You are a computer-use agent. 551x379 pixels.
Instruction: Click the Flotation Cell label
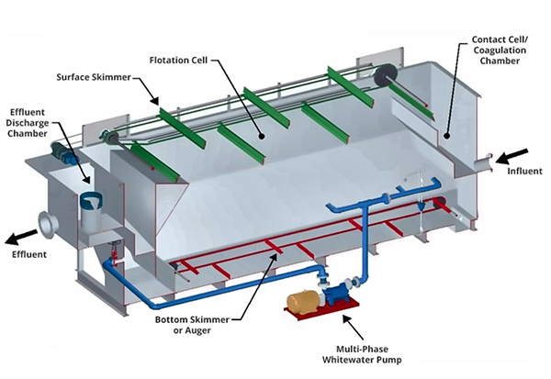pyautogui.click(x=178, y=61)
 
